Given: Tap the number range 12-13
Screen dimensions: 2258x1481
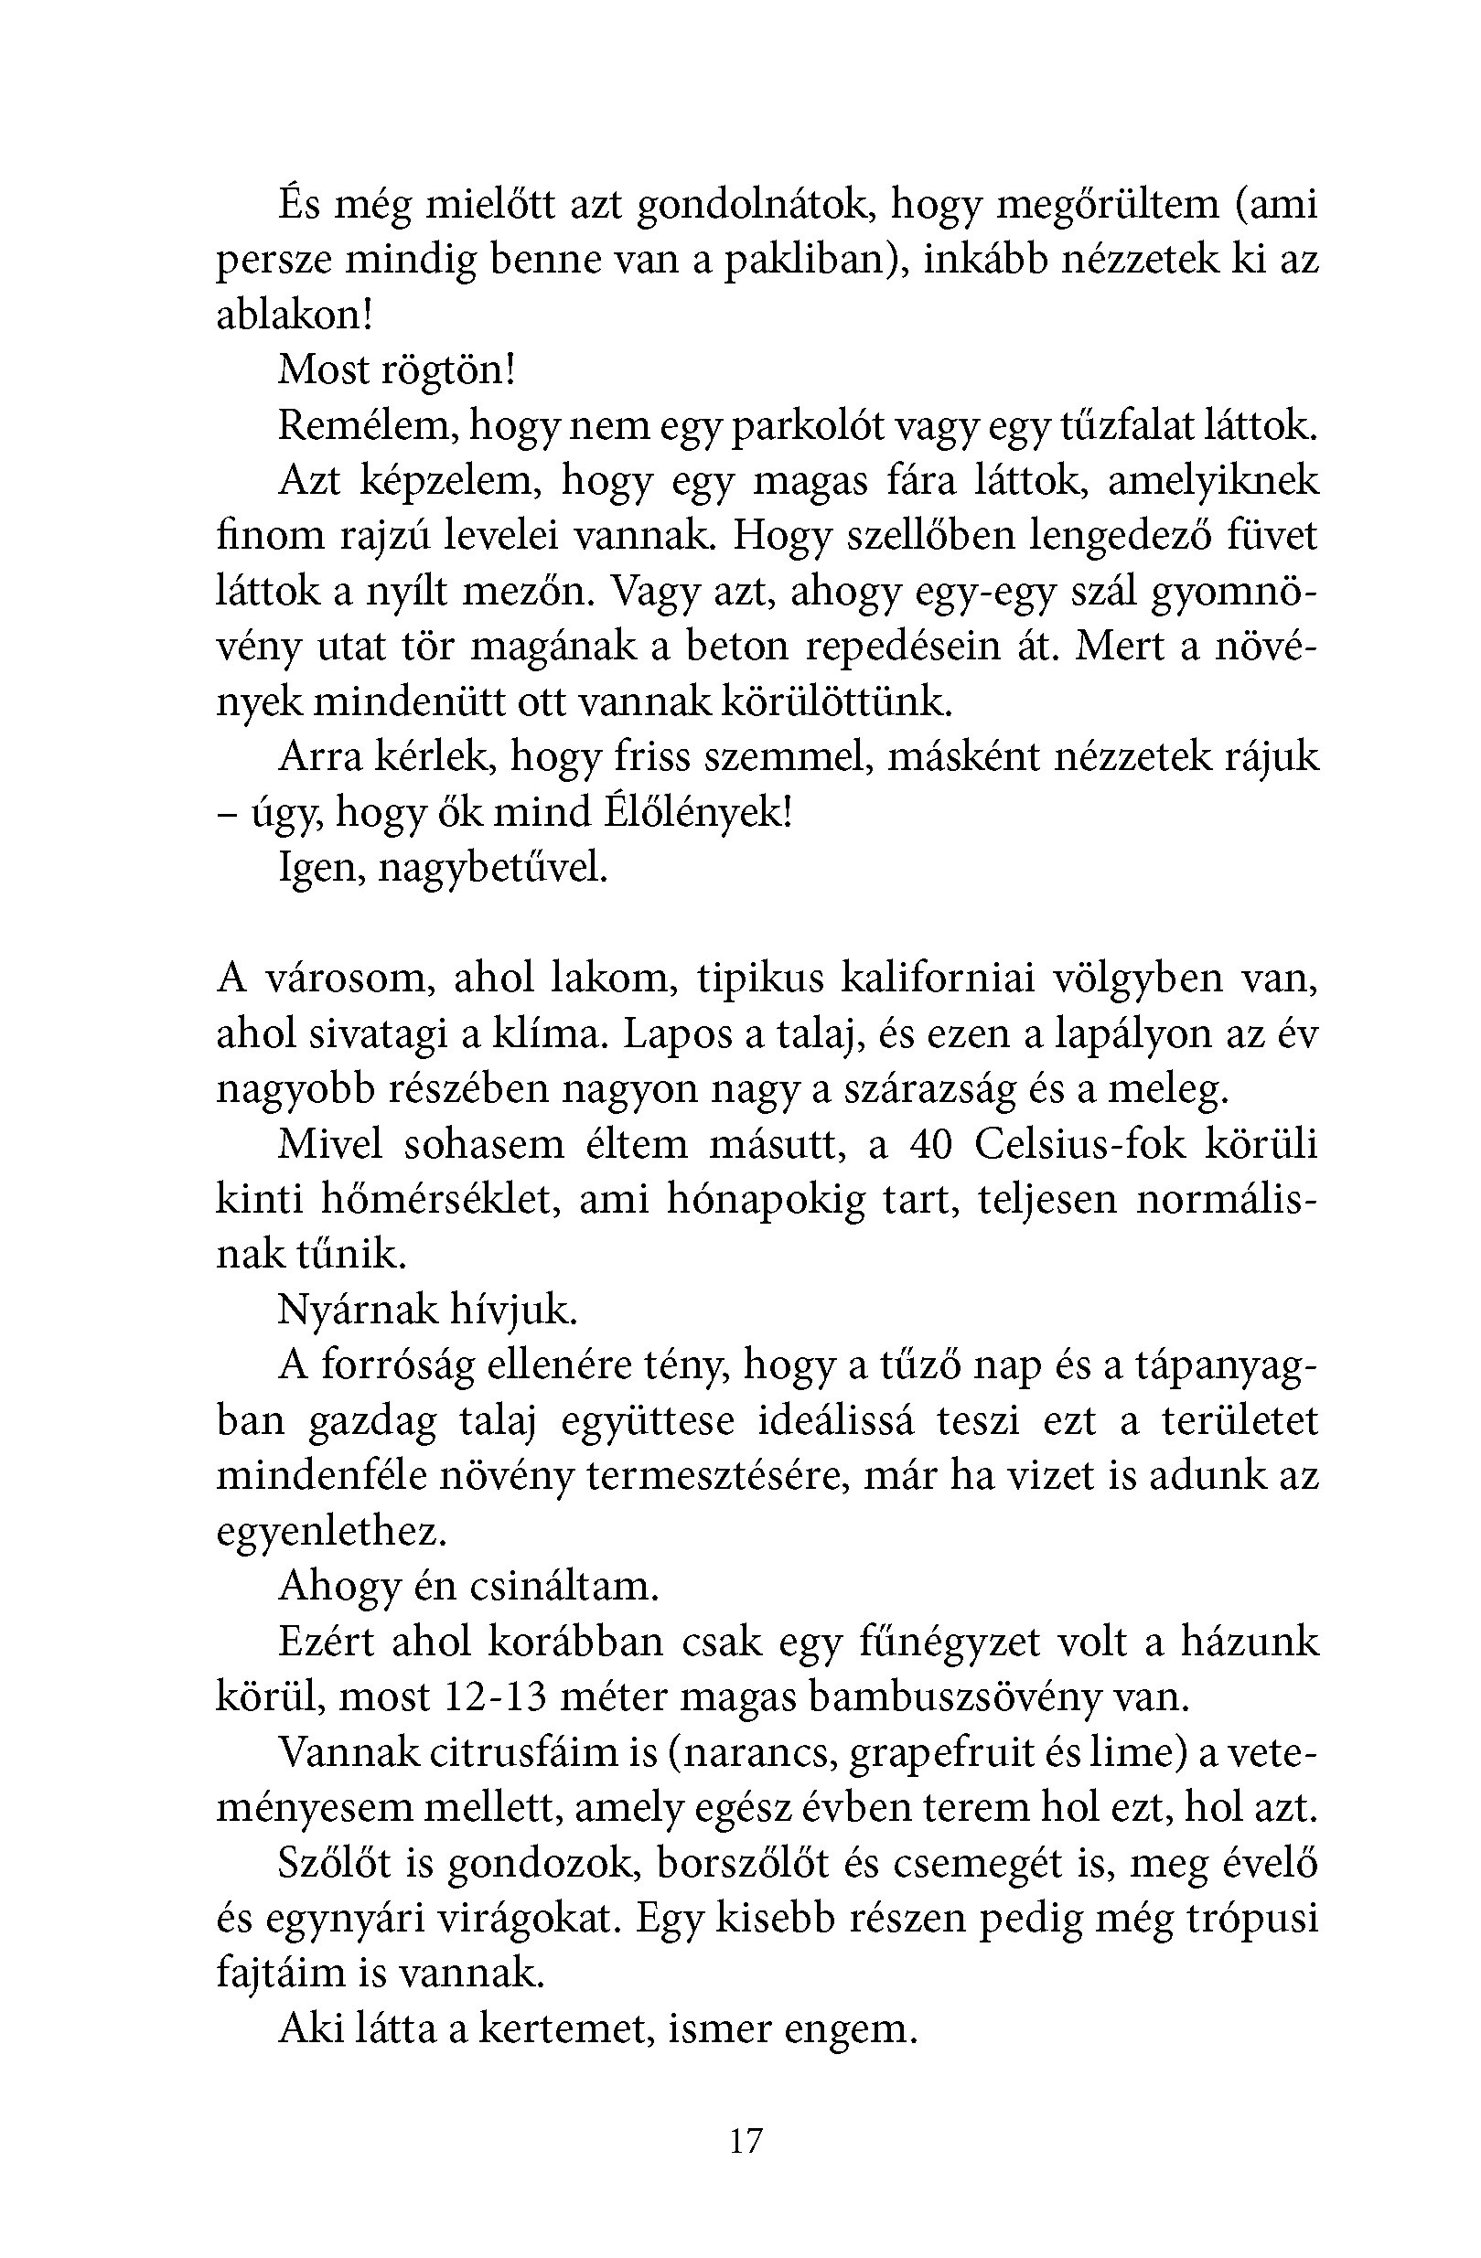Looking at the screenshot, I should point(495,1696).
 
